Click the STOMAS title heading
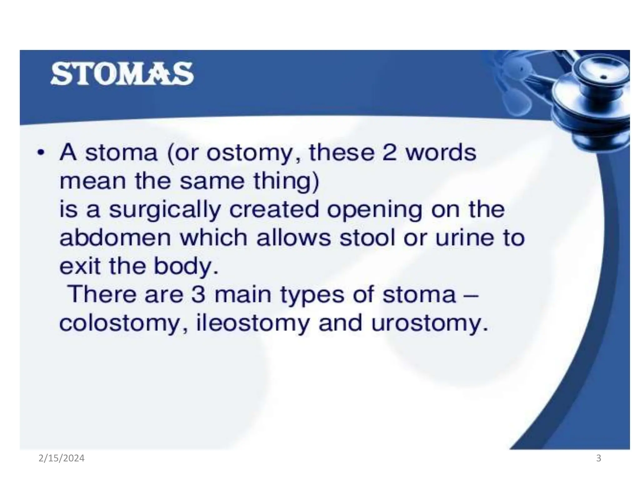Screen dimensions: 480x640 (122, 74)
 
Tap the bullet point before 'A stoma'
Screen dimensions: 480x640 (40, 153)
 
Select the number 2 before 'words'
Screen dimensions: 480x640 (389, 152)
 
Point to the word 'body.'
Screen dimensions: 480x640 (186, 267)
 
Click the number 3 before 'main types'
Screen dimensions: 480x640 (198, 294)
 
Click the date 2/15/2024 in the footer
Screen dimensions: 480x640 (62, 458)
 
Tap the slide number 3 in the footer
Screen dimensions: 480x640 (599, 458)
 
